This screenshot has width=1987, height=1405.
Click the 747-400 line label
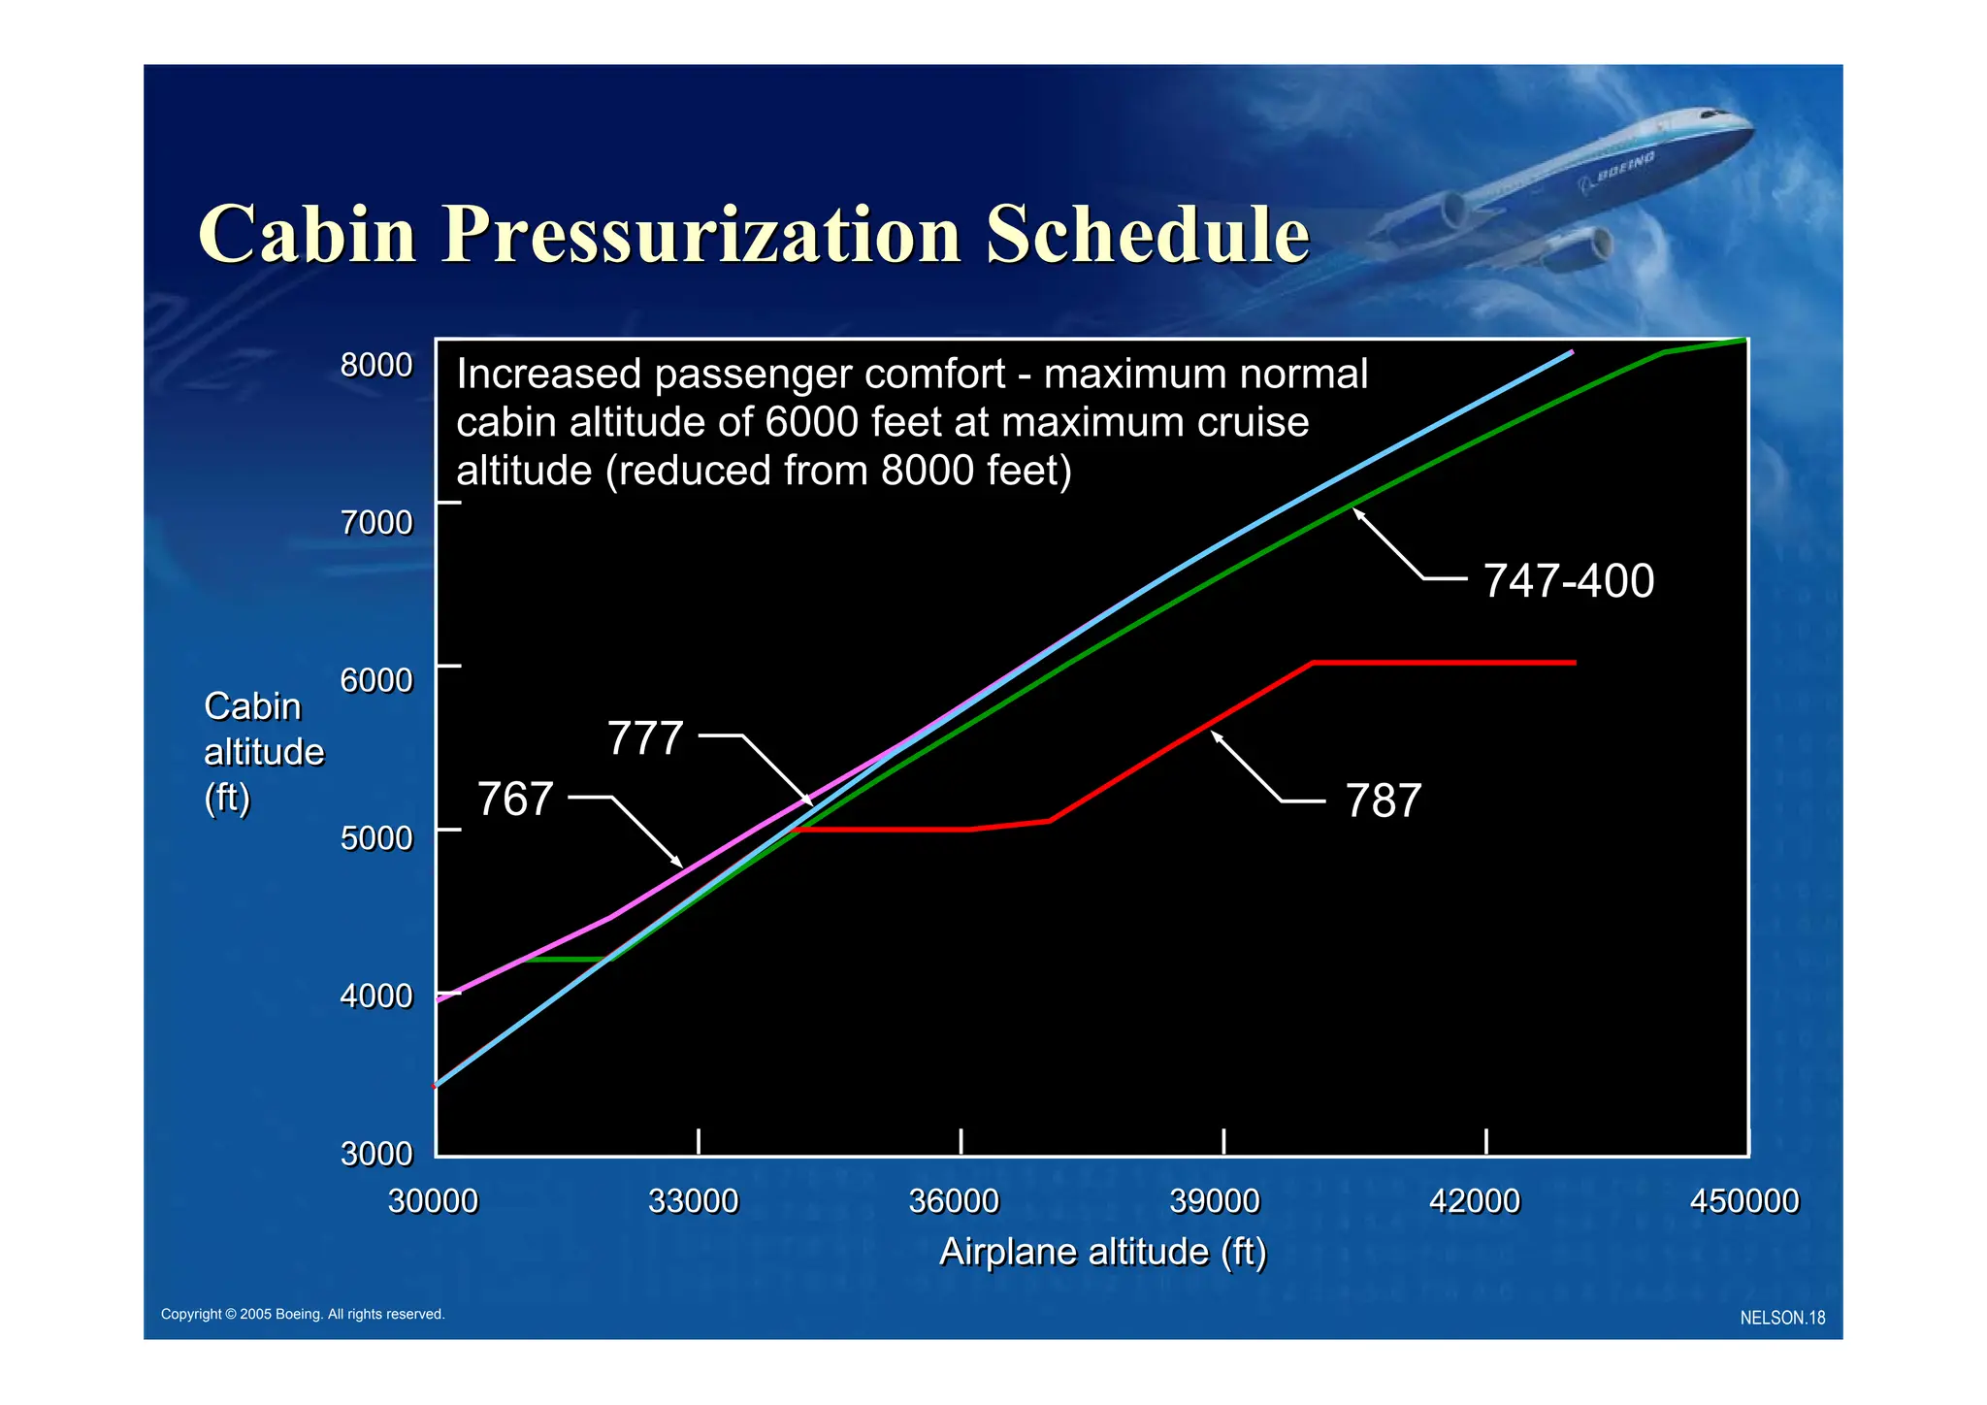pyautogui.click(x=1568, y=581)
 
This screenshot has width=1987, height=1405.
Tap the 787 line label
pyautogui.click(x=1383, y=801)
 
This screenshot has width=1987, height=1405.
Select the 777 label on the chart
pyautogui.click(x=645, y=738)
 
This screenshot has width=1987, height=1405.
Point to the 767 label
pyautogui.click(x=515, y=800)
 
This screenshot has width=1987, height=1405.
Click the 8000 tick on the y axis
pyautogui.click(x=376, y=366)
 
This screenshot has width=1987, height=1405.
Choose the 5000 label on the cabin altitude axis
pyautogui.click(x=376, y=838)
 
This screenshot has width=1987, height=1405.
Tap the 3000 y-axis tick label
pyautogui.click(x=376, y=1154)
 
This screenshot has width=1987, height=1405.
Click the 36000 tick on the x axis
pyautogui.click(x=954, y=1201)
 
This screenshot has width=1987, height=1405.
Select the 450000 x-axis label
pyautogui.click(x=1743, y=1201)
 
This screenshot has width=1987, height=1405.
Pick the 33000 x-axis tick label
pyautogui.click(x=693, y=1201)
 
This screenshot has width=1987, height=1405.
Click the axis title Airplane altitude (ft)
pyautogui.click(x=1103, y=1252)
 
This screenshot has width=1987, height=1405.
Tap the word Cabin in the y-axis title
pyautogui.click(x=252, y=706)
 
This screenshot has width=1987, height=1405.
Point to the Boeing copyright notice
pyautogui.click(x=302, y=1314)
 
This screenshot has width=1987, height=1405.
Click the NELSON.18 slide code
pyautogui.click(x=1782, y=1318)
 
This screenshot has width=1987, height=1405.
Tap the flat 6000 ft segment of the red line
pyautogui.click(x=1446, y=663)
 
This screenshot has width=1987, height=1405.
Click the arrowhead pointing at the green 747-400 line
pyautogui.click(x=1358, y=512)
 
